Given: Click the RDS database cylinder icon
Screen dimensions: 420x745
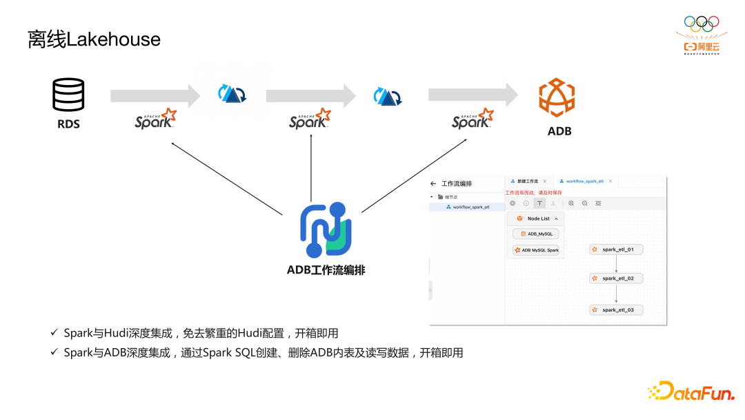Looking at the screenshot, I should pyautogui.click(x=68, y=95).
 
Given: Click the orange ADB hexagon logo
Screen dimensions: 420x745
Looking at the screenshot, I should pyautogui.click(x=557, y=97).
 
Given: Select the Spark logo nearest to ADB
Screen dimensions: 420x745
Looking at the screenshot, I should pyautogui.click(x=473, y=119).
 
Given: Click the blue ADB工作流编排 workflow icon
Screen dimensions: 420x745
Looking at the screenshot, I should pyautogui.click(x=326, y=230).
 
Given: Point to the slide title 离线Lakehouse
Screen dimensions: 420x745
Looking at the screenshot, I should pyautogui.click(x=94, y=39).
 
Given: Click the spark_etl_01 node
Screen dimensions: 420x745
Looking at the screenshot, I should pyautogui.click(x=616, y=249).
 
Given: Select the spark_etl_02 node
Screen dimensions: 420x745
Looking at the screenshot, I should pyautogui.click(x=616, y=278).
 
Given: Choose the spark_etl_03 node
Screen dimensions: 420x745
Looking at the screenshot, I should pyautogui.click(x=616, y=309).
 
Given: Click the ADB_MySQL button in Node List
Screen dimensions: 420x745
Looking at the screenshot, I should pyautogui.click(x=536, y=233).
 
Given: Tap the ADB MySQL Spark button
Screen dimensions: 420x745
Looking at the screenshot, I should pyautogui.click(x=536, y=250).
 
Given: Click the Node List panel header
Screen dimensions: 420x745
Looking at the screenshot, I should pyautogui.click(x=536, y=218).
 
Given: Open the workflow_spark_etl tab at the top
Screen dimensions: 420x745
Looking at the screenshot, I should pyautogui.click(x=584, y=182).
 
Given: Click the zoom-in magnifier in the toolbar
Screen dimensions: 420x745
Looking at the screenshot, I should pyautogui.click(x=571, y=203).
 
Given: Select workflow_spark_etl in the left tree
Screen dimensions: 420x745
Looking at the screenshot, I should pyautogui.click(x=470, y=207).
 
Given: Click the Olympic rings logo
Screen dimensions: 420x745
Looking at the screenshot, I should pyautogui.click(x=701, y=23).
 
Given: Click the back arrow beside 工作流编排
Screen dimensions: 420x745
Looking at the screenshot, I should pyautogui.click(x=433, y=184).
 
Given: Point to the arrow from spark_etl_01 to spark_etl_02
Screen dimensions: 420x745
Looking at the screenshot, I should pyautogui.click(x=616, y=264).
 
